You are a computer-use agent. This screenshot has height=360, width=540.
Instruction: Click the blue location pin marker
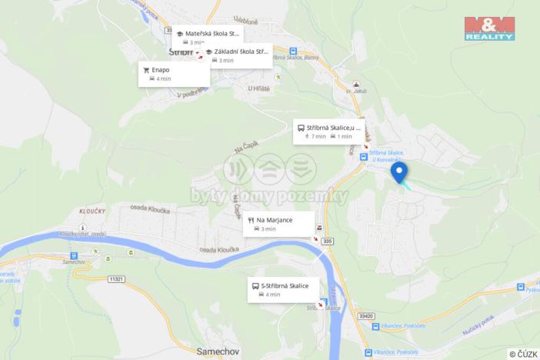[398, 172]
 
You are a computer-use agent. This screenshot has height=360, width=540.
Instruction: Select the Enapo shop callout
[173, 74]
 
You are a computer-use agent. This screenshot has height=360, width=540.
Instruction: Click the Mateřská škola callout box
[207, 38]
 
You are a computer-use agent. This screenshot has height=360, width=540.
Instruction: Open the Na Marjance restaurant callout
[280, 224]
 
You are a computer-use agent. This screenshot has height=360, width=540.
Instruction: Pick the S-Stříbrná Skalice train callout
[284, 289]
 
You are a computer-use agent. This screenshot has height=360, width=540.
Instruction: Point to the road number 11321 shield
[117, 278]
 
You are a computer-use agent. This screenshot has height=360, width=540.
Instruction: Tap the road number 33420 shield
[366, 316]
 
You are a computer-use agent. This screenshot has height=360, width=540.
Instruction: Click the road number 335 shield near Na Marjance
[328, 242]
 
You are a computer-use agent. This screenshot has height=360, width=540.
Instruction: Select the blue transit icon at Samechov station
[74, 255]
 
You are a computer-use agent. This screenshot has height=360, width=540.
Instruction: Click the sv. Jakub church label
[354, 91]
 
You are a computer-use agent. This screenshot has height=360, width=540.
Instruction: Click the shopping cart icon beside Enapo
[146, 69]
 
